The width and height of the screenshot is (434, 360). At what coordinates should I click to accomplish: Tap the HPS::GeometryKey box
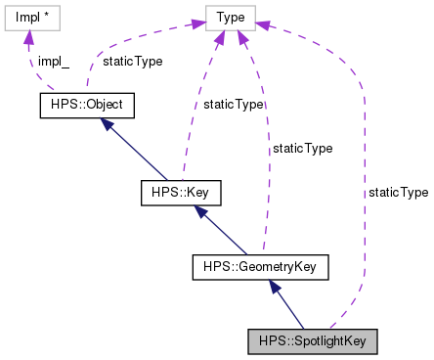coord(259,265)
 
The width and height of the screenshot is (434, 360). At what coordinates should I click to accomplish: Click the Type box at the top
coord(230,17)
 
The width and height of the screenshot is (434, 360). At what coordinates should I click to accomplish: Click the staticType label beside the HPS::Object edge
coord(132,60)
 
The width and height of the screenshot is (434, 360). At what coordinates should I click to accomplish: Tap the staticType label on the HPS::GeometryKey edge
coord(302,149)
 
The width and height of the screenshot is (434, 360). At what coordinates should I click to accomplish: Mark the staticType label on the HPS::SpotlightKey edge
coord(398,193)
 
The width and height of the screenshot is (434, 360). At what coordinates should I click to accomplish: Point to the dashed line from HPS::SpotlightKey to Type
coord(364,196)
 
